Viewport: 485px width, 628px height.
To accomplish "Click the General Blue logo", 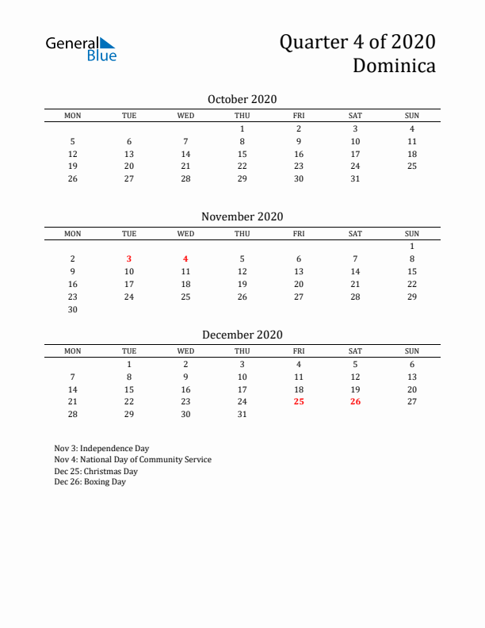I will (x=81, y=48).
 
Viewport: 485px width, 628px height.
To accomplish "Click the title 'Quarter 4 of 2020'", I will (x=357, y=42).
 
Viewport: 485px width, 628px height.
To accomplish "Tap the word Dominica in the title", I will (x=394, y=66).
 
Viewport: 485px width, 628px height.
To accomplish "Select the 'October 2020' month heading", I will (x=242, y=99).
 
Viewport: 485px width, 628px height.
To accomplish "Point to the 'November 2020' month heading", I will (x=242, y=216).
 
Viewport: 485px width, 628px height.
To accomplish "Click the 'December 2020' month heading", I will (x=242, y=335).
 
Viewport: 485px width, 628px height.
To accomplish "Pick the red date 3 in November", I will (x=129, y=258).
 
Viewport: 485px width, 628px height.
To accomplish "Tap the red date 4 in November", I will (x=185, y=258).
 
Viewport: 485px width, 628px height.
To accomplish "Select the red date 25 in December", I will (x=299, y=402).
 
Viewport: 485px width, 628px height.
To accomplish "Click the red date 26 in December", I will (x=355, y=402).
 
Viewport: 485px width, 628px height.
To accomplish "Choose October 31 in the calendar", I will (x=355, y=178).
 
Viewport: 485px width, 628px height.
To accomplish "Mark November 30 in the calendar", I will (x=73, y=309).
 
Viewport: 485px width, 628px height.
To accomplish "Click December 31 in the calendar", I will (x=242, y=415).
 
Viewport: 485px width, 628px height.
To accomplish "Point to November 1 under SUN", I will (x=412, y=246).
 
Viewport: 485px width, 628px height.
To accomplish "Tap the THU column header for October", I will (x=242, y=116).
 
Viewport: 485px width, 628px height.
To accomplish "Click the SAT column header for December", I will (x=355, y=351).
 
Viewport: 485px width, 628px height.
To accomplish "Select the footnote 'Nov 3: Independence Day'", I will (x=101, y=448).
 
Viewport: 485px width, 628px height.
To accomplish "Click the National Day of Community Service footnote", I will (x=132, y=460).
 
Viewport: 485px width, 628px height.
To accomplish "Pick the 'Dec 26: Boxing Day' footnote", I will (x=90, y=482).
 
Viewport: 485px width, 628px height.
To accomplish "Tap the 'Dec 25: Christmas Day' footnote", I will (x=96, y=471).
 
